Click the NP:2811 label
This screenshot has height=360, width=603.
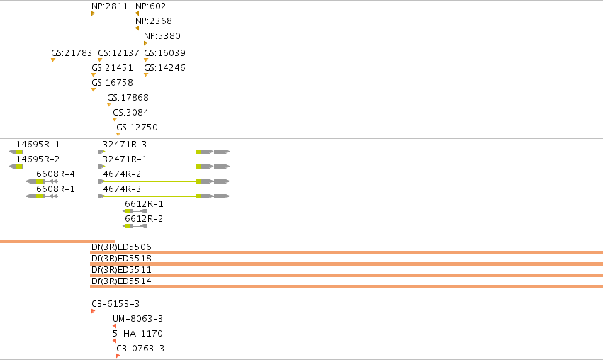(x=110, y=6)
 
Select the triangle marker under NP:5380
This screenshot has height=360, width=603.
(x=146, y=43)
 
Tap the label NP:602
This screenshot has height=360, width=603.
(x=150, y=6)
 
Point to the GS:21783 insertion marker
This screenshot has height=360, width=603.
(x=53, y=60)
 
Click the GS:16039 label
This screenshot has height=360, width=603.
(x=164, y=52)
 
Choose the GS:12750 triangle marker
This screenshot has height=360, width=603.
(x=118, y=134)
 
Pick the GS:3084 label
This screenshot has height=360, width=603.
(x=130, y=112)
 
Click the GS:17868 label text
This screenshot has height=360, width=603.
(x=128, y=97)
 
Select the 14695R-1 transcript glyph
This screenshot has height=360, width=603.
(x=16, y=152)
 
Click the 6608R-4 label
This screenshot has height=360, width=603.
(x=55, y=174)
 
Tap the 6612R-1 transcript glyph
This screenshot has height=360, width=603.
(x=135, y=211)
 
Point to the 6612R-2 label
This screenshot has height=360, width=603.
(x=144, y=218)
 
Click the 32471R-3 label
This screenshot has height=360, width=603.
(x=125, y=145)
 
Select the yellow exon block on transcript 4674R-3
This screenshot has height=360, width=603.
(x=199, y=196)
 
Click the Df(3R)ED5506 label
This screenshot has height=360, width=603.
(x=121, y=247)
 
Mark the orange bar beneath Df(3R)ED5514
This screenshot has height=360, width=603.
(x=346, y=286)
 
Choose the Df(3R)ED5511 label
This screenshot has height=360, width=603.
(x=121, y=269)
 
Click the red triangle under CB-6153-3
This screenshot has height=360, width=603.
(x=93, y=311)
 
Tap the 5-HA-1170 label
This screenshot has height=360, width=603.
(x=137, y=334)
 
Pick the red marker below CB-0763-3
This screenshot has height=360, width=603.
(x=118, y=356)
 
